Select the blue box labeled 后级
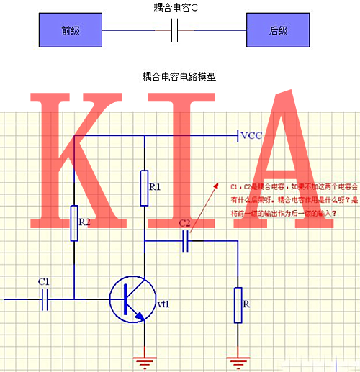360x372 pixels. click(277, 31)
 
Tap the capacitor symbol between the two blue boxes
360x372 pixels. click(174, 31)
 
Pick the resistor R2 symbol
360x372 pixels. click(74, 222)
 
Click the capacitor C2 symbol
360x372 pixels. click(186, 241)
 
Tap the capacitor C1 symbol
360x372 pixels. click(45, 298)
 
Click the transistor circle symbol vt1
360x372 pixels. click(132, 298)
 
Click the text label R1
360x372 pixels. click(155, 187)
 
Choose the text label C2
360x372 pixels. click(184, 224)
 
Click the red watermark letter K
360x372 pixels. click(79, 158)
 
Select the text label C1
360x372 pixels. click(43, 281)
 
